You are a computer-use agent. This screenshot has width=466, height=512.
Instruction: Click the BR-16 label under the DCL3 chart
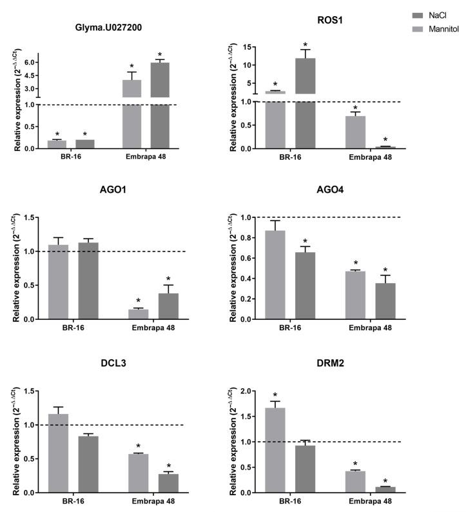point(71,502)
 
